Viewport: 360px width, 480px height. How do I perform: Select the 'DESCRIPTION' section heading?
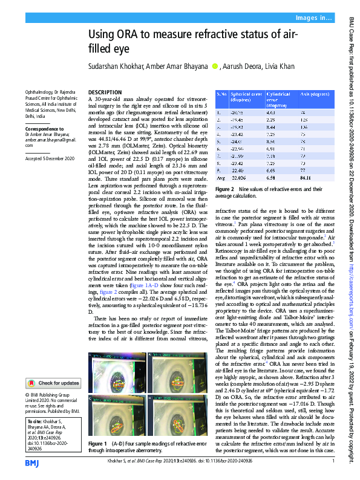[105, 91]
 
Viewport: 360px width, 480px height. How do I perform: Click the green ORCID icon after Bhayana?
[214, 66]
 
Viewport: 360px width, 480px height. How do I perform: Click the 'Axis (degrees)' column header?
[315, 95]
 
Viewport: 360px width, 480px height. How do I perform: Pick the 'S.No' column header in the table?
[222, 95]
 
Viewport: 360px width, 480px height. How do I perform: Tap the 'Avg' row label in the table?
[221, 178]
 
